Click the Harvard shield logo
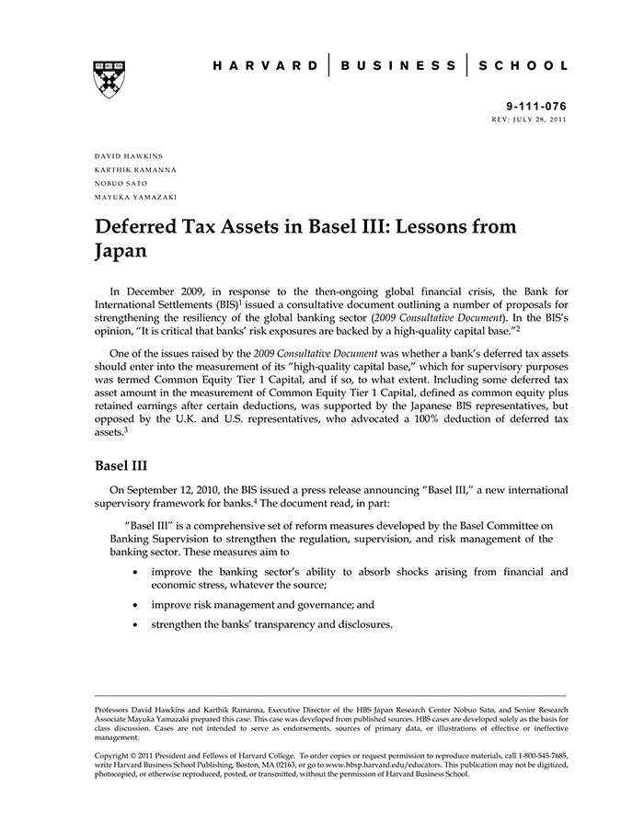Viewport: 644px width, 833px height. [109, 78]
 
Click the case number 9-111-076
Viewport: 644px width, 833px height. [536, 107]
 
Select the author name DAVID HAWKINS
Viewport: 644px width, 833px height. [129, 156]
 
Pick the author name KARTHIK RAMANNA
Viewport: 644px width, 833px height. [135, 170]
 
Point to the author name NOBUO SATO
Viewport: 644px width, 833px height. [121, 184]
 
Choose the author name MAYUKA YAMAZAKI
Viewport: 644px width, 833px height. [136, 197]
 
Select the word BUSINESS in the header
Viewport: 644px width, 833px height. [398, 66]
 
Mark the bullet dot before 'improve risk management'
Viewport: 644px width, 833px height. [136, 605]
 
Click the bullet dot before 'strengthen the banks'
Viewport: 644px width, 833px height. [136, 625]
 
